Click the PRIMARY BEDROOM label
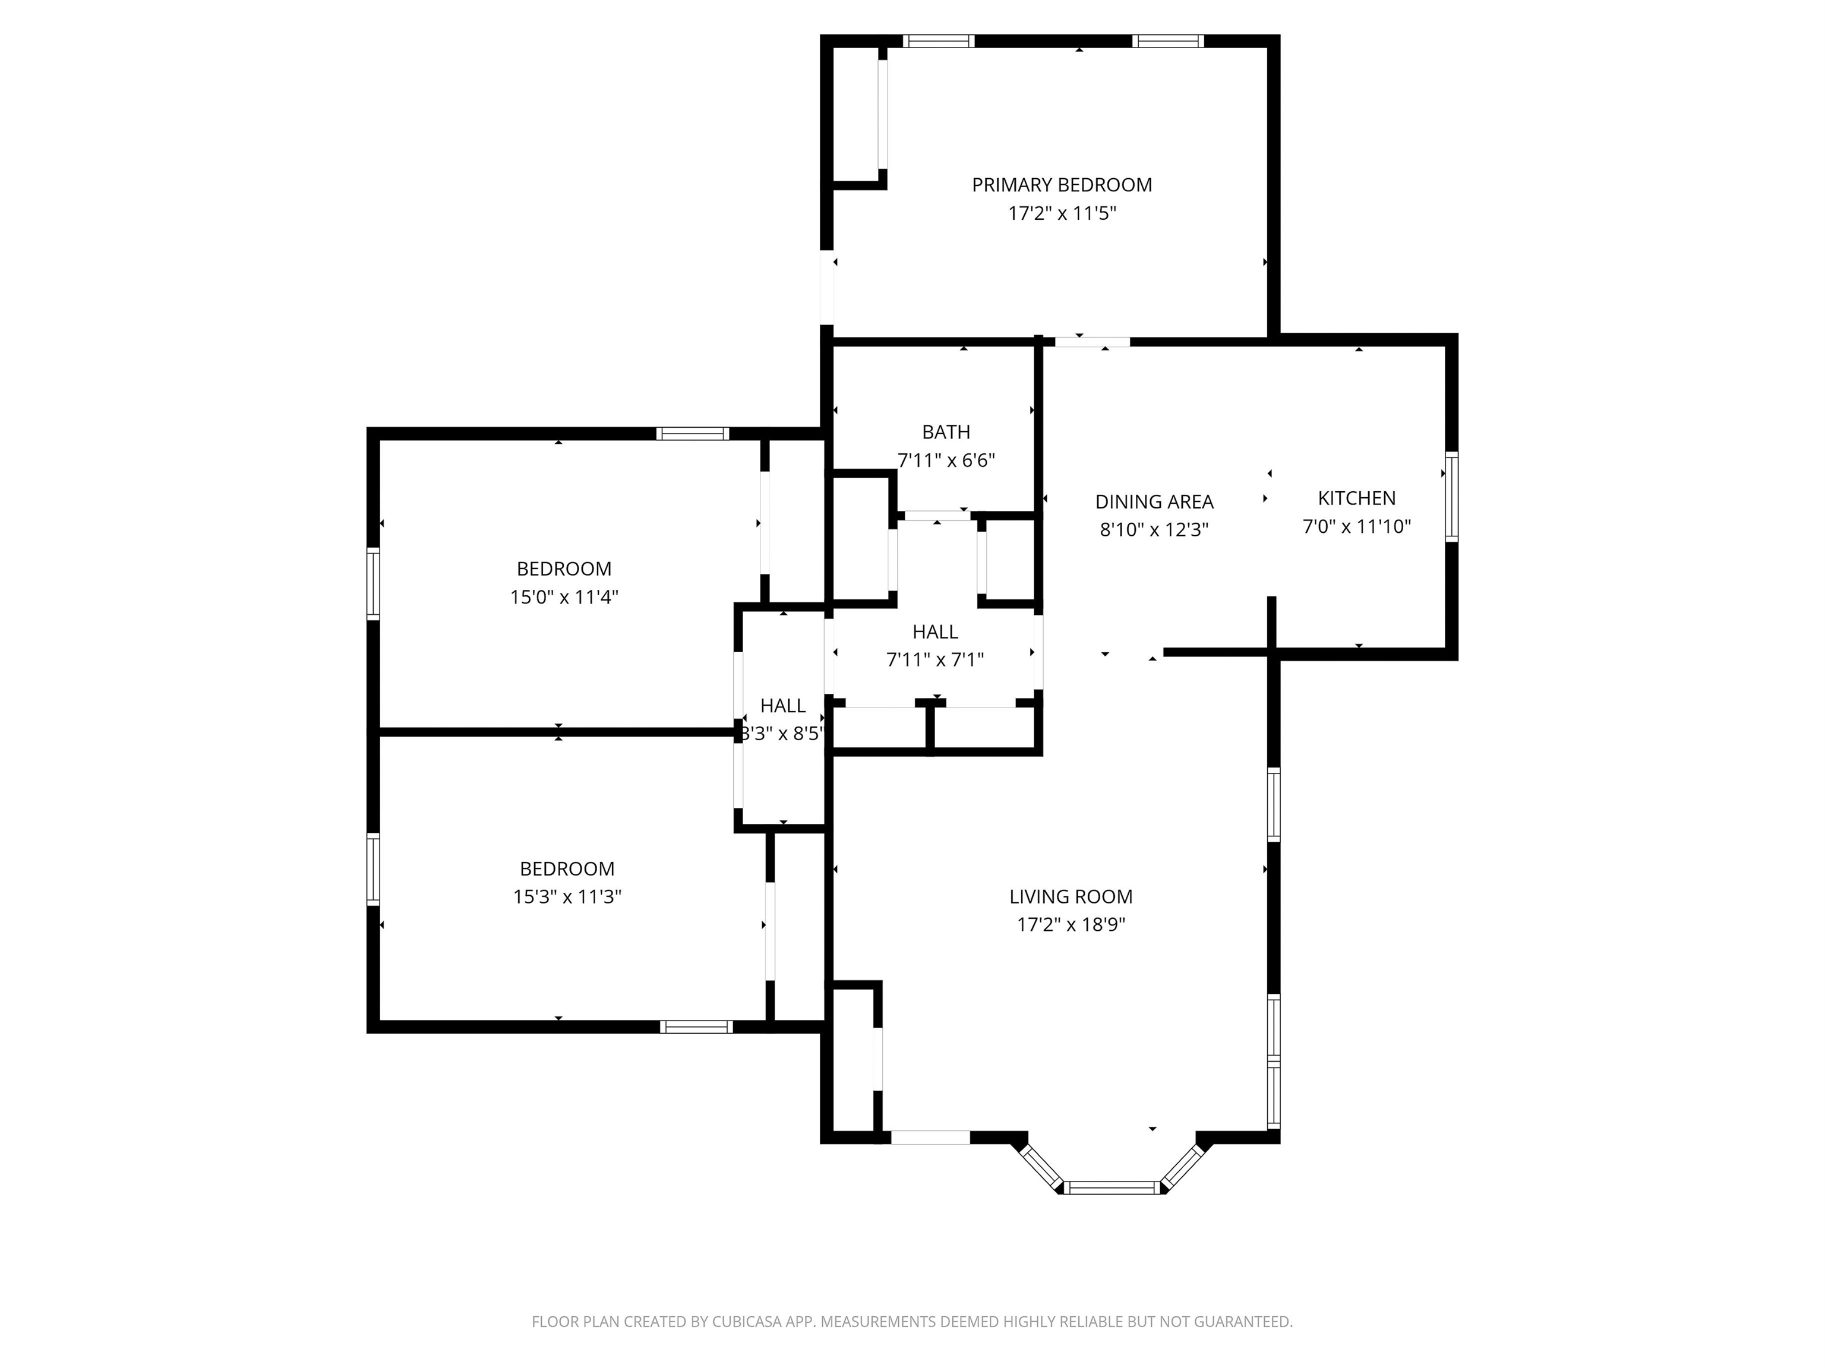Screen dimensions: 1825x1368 click(1062, 185)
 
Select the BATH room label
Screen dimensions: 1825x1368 click(946, 431)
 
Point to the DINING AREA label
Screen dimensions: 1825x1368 click(1154, 502)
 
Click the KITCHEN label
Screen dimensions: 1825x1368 click(1356, 498)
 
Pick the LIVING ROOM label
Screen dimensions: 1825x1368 click(1071, 896)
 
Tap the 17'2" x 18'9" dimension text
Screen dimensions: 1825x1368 click(1071, 924)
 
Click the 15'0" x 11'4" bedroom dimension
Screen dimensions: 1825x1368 click(564, 596)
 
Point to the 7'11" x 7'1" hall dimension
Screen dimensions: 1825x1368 click(936, 660)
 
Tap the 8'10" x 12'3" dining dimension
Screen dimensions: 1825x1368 click(1154, 530)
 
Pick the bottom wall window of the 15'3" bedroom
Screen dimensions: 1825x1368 click(696, 1026)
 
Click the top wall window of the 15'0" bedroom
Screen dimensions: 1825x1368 click(693, 433)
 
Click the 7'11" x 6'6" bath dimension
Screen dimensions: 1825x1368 click(946, 460)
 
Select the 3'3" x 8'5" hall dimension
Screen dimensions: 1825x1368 click(782, 734)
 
